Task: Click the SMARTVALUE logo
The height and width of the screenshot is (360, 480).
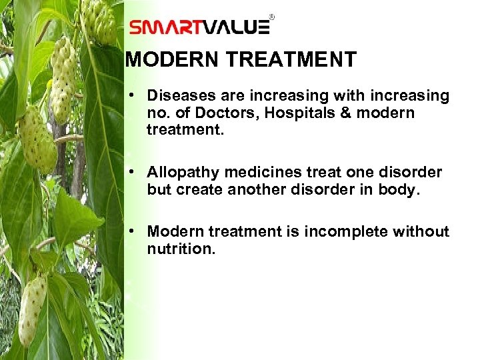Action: tap(199, 27)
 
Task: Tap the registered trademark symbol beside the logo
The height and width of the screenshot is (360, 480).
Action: tap(271, 15)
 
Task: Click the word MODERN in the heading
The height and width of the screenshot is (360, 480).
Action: tap(173, 60)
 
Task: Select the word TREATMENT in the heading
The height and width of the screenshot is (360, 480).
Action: tap(291, 60)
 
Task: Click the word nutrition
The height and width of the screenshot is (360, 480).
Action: tap(181, 249)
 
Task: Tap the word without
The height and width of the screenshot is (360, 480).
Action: tap(421, 231)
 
